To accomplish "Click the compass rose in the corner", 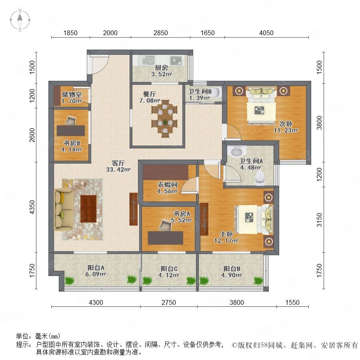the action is pos(20,20).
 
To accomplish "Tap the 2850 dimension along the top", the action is pos(160,33).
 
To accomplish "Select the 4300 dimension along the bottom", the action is pos(96,302).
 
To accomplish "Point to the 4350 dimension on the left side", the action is pos(32,207).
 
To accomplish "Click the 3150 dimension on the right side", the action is pos(319,220).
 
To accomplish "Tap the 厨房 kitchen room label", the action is pos(162,68).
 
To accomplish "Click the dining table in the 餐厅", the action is pos(165,119).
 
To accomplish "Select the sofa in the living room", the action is pos(64,210).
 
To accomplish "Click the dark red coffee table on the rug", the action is pos(88,209).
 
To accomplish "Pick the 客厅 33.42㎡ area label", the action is pos(118,166).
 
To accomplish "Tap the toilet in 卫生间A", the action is pos(260,178).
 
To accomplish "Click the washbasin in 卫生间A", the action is pos(236,152).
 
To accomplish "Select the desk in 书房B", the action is pos(71,131).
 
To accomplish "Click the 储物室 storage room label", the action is pos(72,94).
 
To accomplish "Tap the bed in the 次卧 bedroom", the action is pos(261,105).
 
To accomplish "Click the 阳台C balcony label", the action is pos(169,268).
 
